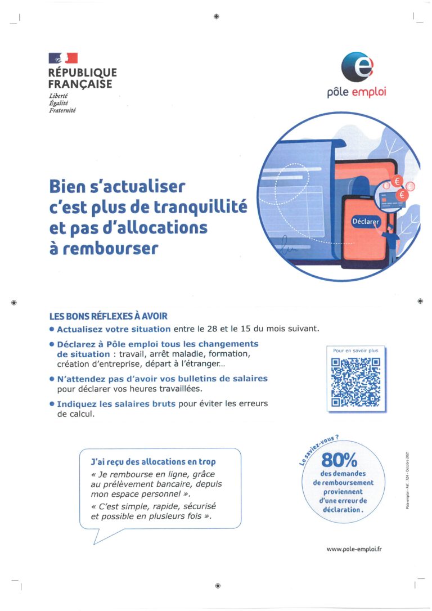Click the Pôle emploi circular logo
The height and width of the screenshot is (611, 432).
357,66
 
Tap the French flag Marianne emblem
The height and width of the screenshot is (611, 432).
63,57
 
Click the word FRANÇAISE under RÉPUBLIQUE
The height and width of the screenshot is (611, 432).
80,84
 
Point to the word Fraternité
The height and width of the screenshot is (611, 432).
62,110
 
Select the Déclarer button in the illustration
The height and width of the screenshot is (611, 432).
366,221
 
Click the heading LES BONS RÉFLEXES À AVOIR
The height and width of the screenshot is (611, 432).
109,317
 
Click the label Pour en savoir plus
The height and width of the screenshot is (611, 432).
355,351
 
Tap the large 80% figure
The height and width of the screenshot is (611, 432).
339,461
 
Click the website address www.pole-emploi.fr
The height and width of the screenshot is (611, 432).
355,549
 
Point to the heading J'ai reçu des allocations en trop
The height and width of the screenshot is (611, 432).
153,461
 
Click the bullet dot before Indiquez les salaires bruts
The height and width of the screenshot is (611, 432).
52,403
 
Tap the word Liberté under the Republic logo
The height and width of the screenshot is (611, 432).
58,96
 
